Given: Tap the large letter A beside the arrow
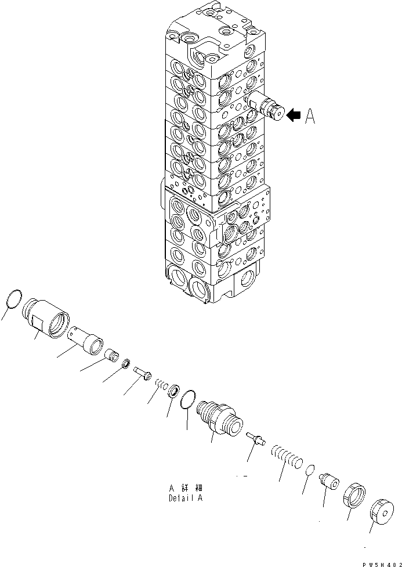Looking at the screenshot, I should click(x=311, y=117).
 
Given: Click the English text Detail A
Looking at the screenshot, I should click(x=185, y=498).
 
